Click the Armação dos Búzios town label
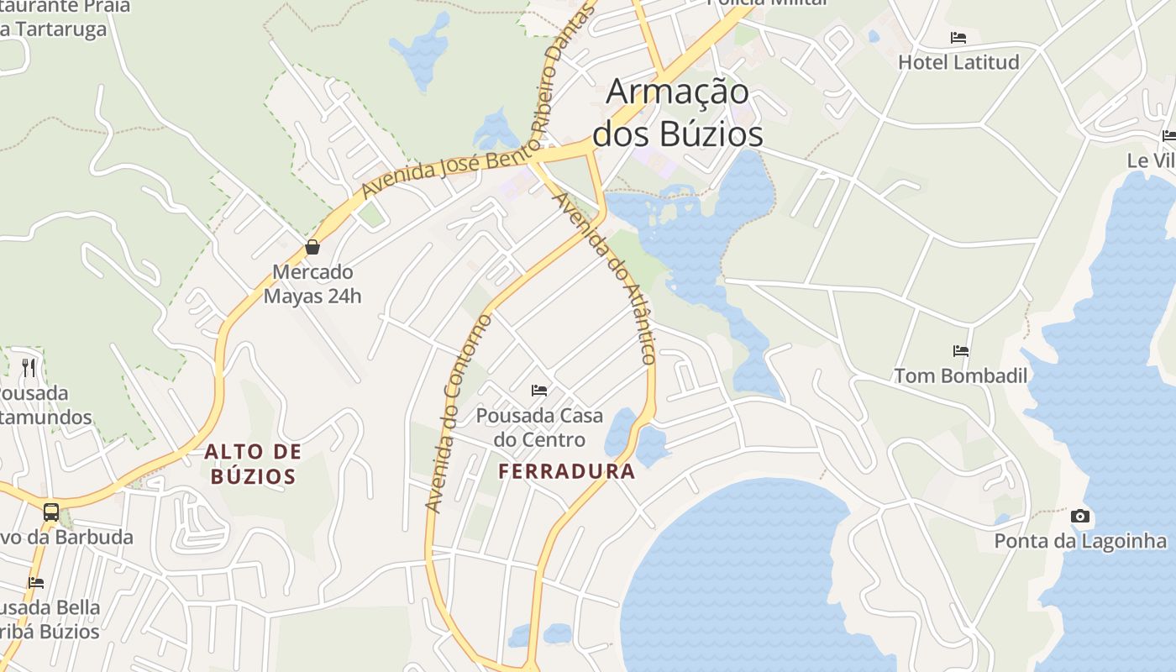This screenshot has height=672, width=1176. pos(678,113)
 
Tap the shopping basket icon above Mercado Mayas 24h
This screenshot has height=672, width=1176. pos(312,247)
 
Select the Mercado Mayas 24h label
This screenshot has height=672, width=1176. pos(312,284)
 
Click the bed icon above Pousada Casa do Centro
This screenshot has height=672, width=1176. pos(539,390)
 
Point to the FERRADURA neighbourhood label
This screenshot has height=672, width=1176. pos(567,471)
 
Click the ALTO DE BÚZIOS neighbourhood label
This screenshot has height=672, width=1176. pos(253,465)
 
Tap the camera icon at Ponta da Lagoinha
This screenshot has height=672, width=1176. pos(1080,516)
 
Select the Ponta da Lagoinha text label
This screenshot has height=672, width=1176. pos(1080,541)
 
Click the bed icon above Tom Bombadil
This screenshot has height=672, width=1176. pos(961,350)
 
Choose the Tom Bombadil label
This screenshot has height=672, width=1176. pos(961,375)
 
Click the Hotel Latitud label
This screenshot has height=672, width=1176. pos(958,62)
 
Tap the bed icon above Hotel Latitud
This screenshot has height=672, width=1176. pos(958,38)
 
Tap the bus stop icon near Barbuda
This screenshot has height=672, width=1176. pos(51,512)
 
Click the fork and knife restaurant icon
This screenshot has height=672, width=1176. pos(29,367)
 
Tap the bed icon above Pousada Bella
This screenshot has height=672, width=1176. pos(35,582)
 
